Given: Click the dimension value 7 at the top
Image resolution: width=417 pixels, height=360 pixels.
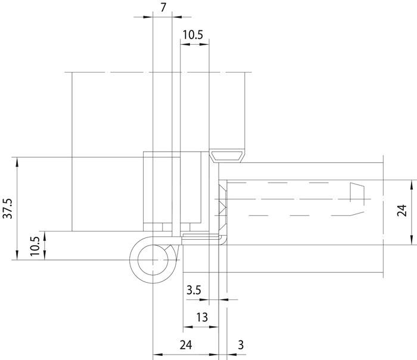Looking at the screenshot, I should click(x=163, y=8).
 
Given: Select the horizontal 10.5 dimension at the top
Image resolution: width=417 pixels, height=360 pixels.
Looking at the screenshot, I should click(x=192, y=35).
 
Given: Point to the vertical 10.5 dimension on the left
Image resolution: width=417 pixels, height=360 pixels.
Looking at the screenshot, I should click(x=35, y=245).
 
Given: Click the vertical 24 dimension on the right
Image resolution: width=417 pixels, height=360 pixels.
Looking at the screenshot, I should click(x=402, y=211).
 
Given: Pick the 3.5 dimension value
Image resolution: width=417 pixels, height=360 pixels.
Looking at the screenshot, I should click(x=194, y=291).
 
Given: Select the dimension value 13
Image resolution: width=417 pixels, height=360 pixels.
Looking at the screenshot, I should click(x=202, y=317).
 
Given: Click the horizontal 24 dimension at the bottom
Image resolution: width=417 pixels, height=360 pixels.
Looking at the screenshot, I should click(x=186, y=345).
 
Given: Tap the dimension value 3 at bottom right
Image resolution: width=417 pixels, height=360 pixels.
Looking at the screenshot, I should click(x=240, y=345).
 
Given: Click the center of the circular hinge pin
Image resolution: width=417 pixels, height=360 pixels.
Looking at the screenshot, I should click(x=154, y=260).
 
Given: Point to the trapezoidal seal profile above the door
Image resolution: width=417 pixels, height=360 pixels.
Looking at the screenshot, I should click(x=228, y=156).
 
